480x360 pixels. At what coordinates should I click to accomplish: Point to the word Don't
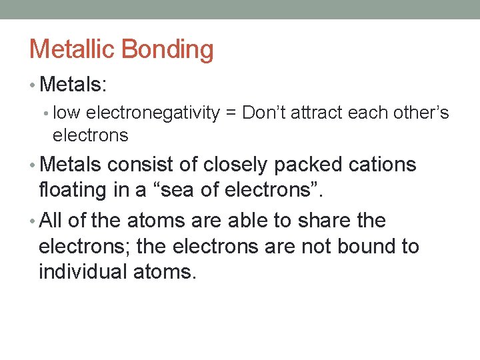(265, 113)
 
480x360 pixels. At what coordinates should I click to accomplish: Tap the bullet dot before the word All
(33, 221)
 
